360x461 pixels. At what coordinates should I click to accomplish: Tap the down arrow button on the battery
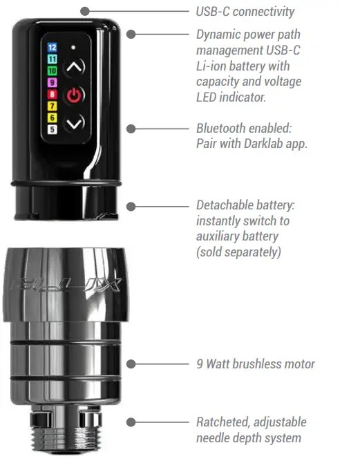click(x=75, y=122)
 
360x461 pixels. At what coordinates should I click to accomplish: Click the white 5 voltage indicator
click(x=52, y=129)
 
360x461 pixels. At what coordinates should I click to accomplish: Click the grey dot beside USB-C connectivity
click(x=84, y=11)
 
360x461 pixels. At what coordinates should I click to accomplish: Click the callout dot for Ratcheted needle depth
click(x=133, y=422)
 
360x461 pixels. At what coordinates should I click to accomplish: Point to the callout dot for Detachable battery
click(x=133, y=205)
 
